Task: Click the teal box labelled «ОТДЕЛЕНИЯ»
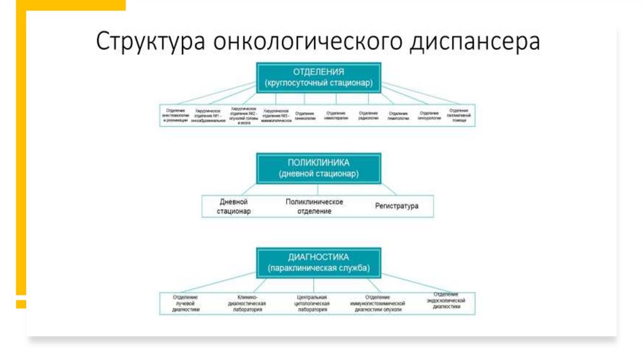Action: pos(318,77)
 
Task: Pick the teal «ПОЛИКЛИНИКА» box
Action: pos(318,167)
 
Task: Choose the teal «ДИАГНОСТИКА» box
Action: pos(318,262)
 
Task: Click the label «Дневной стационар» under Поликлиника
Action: pos(234,206)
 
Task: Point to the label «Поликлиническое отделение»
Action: pos(314,206)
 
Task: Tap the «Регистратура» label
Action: pos(396,206)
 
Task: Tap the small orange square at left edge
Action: pos(21,304)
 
